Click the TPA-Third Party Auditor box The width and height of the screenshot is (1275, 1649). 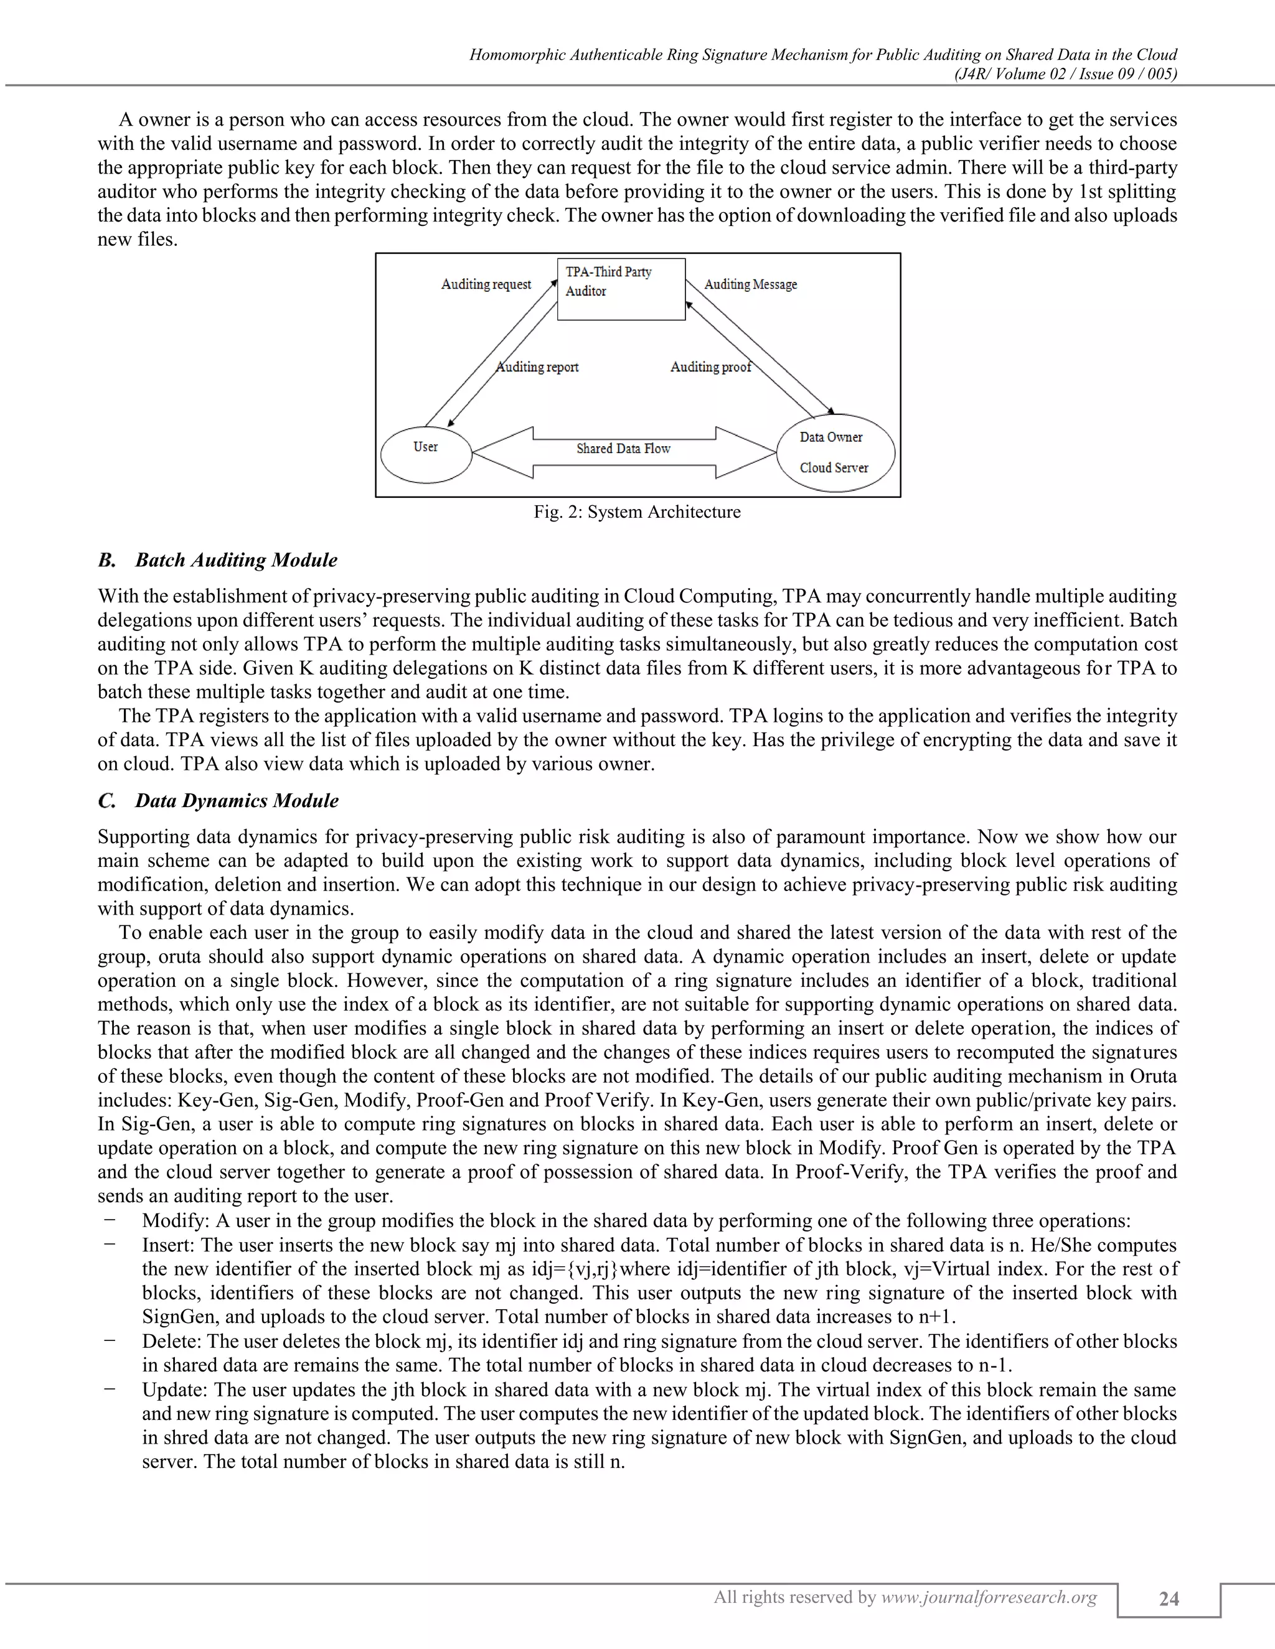(621, 289)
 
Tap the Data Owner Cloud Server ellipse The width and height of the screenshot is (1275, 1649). (835, 453)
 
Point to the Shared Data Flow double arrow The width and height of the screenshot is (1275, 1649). (624, 452)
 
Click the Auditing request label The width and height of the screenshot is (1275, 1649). (486, 284)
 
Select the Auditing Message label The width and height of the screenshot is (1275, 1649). (750, 284)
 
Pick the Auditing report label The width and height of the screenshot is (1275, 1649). (538, 367)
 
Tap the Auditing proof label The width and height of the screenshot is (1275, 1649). (710, 367)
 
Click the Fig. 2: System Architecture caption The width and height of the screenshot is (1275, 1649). (637, 512)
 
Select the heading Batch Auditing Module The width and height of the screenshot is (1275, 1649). (236, 560)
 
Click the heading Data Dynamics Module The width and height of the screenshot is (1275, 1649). (236, 800)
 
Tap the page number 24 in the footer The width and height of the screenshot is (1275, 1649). (1169, 1599)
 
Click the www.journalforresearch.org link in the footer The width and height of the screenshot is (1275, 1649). (989, 1597)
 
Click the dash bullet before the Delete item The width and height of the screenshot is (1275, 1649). (110, 1340)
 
